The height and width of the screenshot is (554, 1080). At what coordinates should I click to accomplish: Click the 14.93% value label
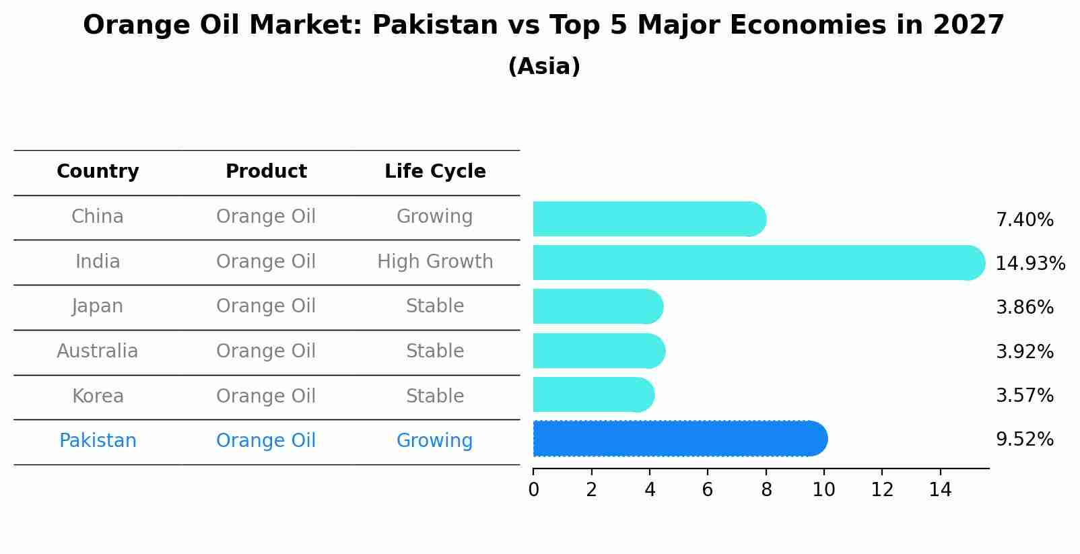pyautogui.click(x=1030, y=263)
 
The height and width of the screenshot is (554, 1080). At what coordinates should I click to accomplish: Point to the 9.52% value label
pyautogui.click(x=1024, y=440)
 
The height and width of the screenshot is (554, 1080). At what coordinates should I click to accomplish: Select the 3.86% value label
pyautogui.click(x=1024, y=308)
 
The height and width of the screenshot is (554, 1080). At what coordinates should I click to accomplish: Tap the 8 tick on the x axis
pyautogui.click(x=766, y=490)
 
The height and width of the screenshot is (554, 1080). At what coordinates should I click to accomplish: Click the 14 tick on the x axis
pyautogui.click(x=940, y=490)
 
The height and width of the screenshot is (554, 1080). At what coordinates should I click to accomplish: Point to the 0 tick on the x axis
pyautogui.click(x=533, y=490)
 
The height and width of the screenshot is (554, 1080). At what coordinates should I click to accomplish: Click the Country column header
pyautogui.click(x=98, y=172)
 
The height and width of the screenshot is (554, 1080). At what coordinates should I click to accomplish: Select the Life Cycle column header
pyautogui.click(x=435, y=172)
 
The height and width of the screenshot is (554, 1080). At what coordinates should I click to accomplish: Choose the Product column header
pyautogui.click(x=266, y=172)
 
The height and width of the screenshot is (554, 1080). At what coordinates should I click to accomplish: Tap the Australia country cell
pyautogui.click(x=98, y=351)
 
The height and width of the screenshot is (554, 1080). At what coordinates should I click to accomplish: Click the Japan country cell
pyautogui.click(x=98, y=306)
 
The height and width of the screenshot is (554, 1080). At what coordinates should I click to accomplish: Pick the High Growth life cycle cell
pyautogui.click(x=435, y=262)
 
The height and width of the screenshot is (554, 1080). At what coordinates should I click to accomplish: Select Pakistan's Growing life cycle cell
pyautogui.click(x=435, y=441)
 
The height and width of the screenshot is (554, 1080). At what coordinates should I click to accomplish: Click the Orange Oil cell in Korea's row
pyautogui.click(x=266, y=396)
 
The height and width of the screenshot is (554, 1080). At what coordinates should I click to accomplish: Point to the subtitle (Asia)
pyautogui.click(x=544, y=67)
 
